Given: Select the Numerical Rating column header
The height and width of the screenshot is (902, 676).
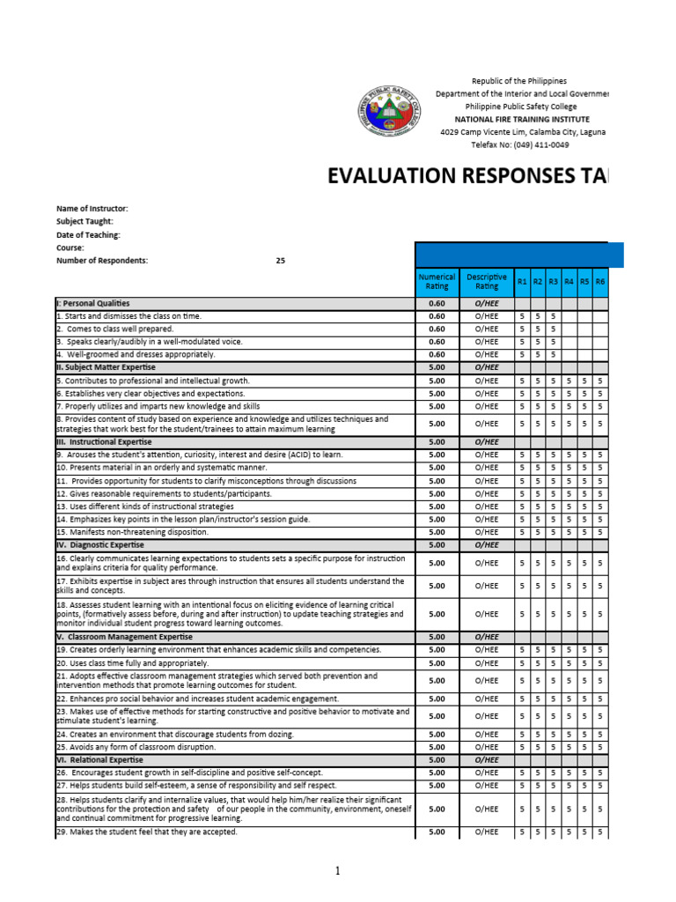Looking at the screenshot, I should click(437, 282).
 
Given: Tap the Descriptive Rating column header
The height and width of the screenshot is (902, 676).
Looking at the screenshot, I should click(487, 282).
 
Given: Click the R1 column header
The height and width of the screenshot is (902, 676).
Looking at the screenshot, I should click(523, 282).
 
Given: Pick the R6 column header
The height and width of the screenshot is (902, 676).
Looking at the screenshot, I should click(600, 282).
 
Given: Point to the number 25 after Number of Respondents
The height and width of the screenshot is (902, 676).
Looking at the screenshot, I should click(280, 261).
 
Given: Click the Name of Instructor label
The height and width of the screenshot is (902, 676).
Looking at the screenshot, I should click(92, 209).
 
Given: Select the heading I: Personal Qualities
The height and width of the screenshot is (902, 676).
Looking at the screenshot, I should click(92, 303).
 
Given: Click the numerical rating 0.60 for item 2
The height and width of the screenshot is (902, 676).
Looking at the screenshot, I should click(437, 329).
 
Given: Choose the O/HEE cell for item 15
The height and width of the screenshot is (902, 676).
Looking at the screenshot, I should click(487, 532).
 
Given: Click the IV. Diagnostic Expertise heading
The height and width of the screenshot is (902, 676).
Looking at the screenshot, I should click(100, 545).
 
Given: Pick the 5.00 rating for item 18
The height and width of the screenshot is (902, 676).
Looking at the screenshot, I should click(437, 614).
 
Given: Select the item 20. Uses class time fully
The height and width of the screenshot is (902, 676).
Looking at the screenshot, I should click(132, 662).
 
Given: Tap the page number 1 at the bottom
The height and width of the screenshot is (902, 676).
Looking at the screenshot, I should click(337, 871).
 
